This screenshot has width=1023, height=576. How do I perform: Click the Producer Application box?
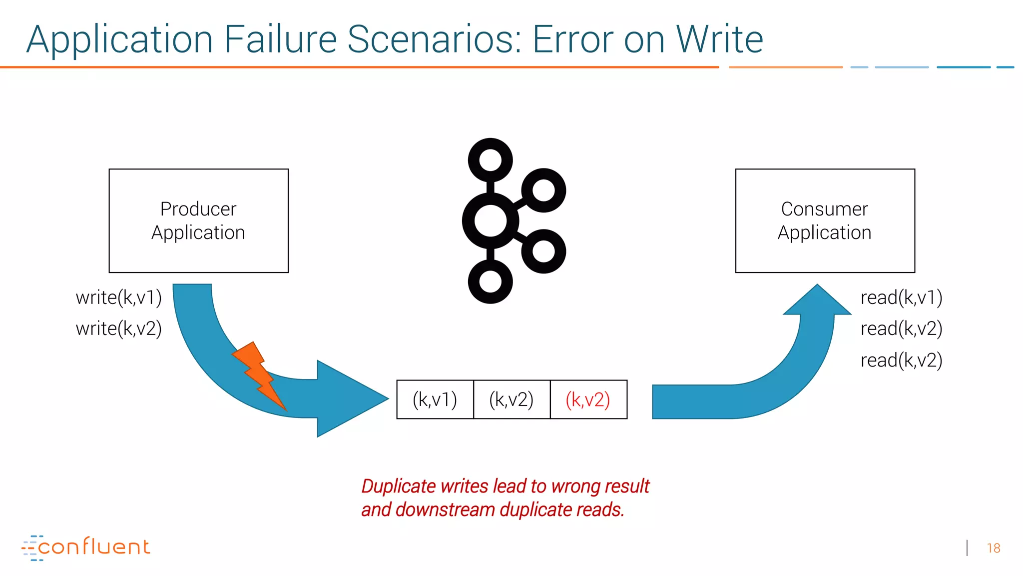[198, 220]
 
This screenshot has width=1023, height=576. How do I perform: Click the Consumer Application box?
[825, 220]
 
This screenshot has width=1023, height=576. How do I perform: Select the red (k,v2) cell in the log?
[588, 399]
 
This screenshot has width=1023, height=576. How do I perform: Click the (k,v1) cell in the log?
[435, 399]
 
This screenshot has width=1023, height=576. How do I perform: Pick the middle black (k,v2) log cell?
[511, 399]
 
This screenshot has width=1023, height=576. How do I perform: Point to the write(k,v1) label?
[118, 297]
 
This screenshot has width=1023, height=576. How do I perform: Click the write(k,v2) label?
[118, 328]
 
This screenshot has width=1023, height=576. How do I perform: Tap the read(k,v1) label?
[901, 297]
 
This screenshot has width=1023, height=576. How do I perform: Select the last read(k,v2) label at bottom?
[901, 360]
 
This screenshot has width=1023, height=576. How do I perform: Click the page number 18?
[993, 548]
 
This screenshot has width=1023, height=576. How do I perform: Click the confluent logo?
[86, 547]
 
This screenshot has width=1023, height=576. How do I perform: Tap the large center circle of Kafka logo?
[490, 220]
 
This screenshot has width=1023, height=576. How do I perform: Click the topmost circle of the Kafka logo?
[490, 160]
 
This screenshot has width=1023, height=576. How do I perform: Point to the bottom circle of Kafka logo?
[490, 281]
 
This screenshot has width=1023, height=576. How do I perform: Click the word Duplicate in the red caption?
[399, 486]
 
